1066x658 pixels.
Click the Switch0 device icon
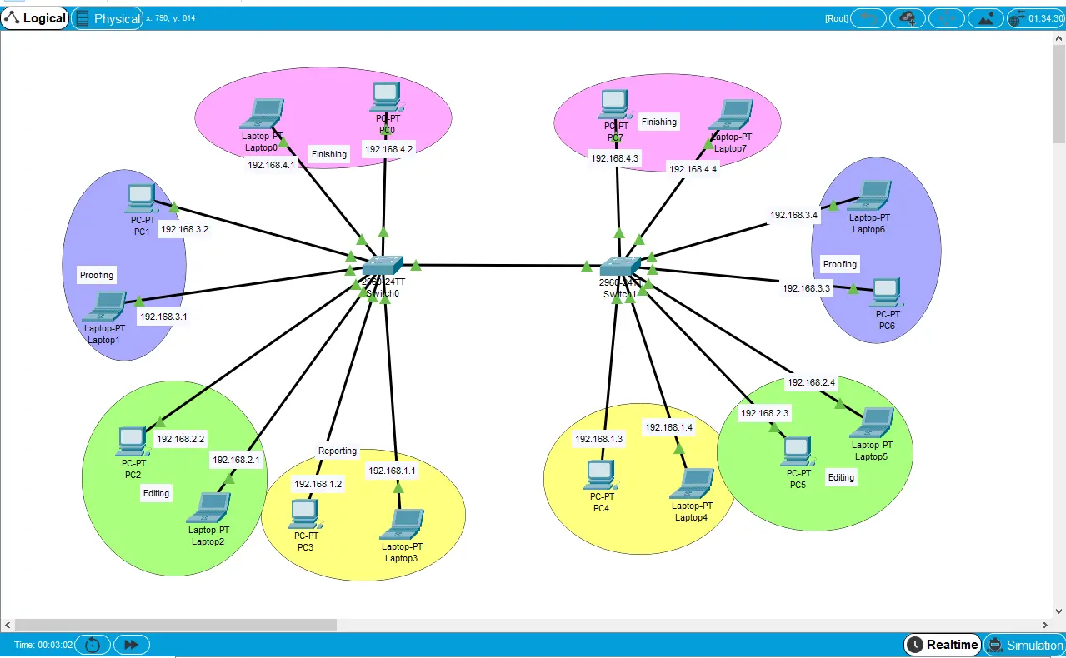pos(383,265)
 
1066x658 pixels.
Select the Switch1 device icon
pos(619,266)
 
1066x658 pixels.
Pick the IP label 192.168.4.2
pos(388,149)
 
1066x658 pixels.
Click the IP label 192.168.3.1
pos(163,317)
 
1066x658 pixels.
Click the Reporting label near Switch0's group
pos(338,451)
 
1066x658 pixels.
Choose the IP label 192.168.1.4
pos(668,427)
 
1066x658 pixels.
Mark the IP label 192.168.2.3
pos(764,413)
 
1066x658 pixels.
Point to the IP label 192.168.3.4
pos(794,215)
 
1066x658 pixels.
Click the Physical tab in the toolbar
pos(107,18)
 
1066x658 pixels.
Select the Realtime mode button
pos(942,645)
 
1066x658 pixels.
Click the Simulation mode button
pos(1024,645)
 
